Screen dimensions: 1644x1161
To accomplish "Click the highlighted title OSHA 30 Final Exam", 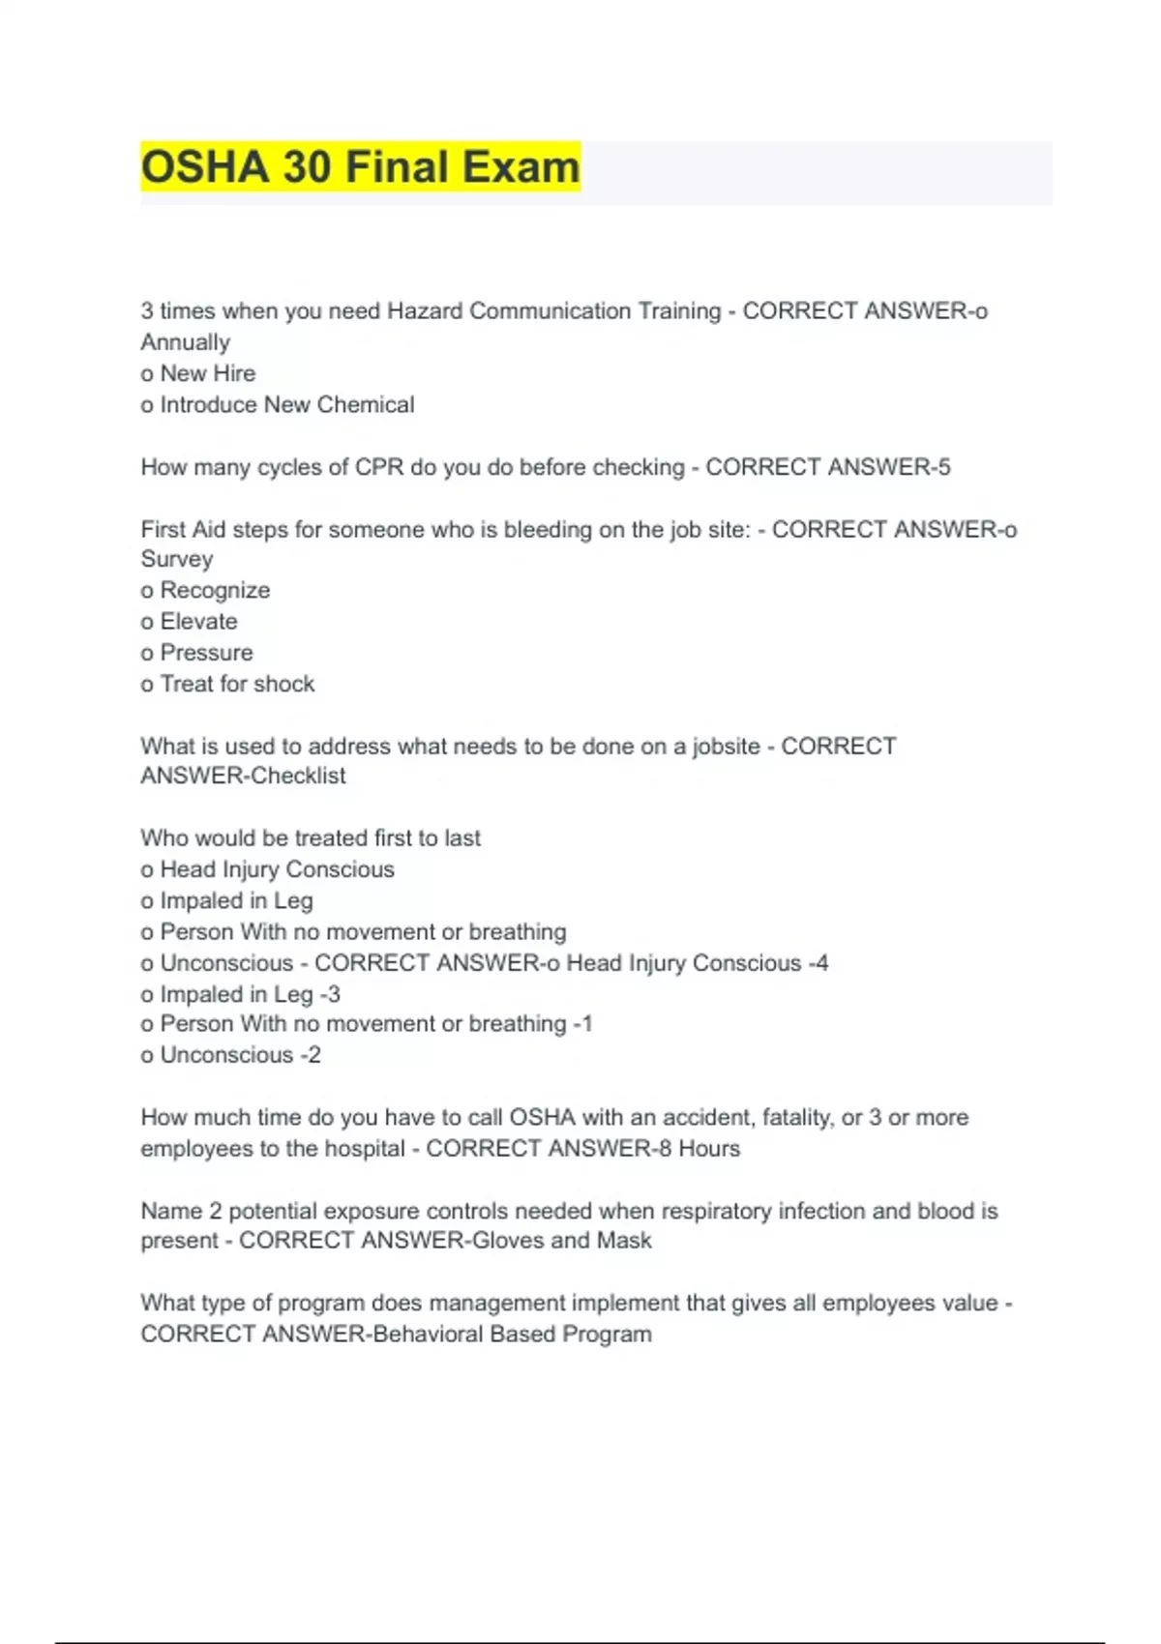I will point(360,167).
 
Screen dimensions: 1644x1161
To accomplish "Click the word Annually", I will point(186,342).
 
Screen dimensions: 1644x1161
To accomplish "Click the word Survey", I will point(177,559).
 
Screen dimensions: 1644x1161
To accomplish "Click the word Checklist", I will point(298,776).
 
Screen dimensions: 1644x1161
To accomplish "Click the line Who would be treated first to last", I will point(311,837).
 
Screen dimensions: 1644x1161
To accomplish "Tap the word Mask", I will point(624,1240).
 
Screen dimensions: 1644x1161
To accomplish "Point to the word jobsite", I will point(726,747).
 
